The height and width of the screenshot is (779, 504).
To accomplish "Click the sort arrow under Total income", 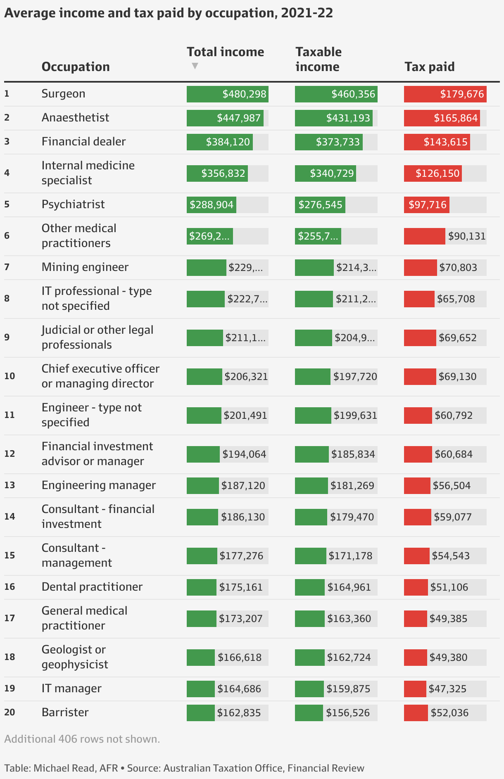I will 195,66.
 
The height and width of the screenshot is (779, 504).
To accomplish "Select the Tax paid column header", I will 429,67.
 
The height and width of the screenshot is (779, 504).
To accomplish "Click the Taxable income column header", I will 318,59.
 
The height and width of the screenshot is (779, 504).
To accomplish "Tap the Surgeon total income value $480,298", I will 244,94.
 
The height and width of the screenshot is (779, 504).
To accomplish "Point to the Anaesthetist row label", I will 75,118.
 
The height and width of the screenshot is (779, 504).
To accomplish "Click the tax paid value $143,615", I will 445,142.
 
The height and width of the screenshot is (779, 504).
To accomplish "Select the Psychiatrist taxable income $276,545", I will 320,205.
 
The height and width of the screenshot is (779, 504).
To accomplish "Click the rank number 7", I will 7,267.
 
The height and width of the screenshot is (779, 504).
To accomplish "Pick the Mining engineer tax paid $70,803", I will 458,268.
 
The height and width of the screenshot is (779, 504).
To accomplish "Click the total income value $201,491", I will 245,416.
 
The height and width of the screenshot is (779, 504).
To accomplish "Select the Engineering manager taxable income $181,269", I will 352,486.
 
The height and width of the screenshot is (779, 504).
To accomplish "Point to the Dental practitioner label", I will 92,587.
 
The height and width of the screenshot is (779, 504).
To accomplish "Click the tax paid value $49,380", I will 448,658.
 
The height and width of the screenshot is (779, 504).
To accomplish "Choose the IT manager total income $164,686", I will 239,689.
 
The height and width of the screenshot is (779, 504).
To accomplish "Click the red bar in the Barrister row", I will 416,713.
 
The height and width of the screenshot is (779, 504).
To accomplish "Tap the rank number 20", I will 10,712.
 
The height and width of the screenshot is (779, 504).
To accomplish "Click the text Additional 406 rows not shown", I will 82,739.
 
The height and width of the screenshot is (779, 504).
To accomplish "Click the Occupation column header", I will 76,67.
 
